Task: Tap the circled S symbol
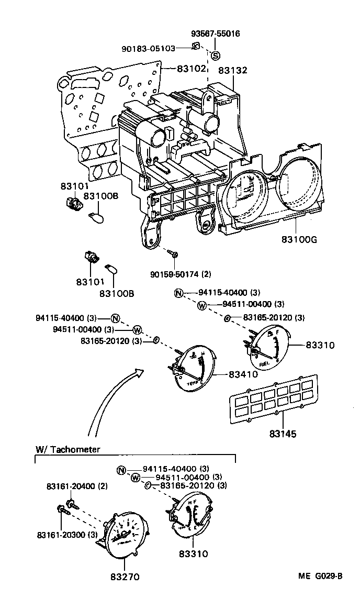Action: coord(216,56)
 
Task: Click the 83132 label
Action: coord(233,70)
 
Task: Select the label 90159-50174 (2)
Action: coord(182,273)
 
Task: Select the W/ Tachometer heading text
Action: coord(68,449)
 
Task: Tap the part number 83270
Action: coord(124,578)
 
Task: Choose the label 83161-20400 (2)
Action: coord(73,486)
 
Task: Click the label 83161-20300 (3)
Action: coord(67,534)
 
